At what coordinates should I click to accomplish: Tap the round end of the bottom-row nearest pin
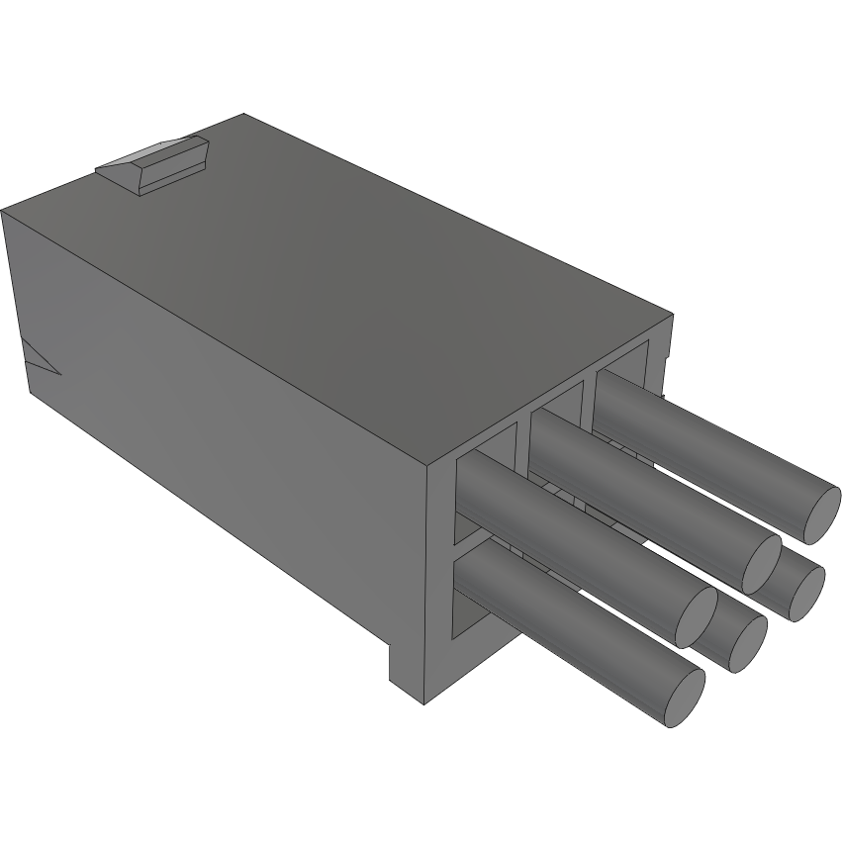pos(684,699)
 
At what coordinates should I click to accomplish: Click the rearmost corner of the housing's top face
pos(241,114)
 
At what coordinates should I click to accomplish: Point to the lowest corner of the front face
pos(423,703)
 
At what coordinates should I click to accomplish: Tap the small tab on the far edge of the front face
pos(664,346)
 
